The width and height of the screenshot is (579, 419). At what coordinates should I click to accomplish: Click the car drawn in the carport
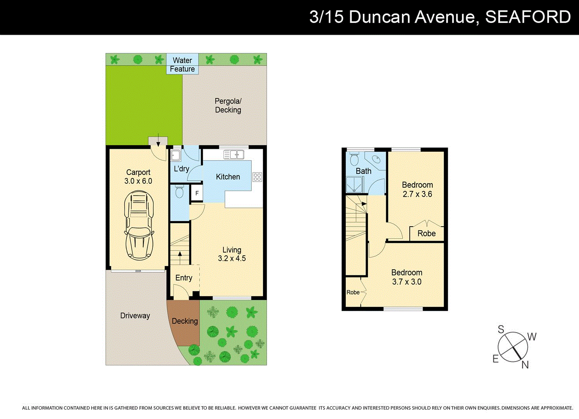[x=139, y=225]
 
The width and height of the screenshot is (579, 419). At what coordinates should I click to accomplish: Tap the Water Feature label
[x=182, y=65]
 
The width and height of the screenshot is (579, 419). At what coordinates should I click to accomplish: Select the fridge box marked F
[x=197, y=193]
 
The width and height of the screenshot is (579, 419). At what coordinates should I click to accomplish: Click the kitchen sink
[x=234, y=155]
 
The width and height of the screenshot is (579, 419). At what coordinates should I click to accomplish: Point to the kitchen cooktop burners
[x=257, y=177]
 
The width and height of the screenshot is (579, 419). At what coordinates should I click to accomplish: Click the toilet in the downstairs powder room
[x=179, y=191]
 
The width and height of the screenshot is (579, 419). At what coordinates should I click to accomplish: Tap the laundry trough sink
[x=176, y=156]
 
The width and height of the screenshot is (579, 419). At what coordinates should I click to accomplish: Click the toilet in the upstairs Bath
[x=354, y=159]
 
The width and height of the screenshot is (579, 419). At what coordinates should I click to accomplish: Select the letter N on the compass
[x=525, y=365]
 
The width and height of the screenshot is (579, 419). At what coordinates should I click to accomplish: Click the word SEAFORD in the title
[x=528, y=17]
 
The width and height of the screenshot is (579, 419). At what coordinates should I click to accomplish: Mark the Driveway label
[x=135, y=315]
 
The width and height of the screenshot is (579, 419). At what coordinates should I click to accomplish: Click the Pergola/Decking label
[x=228, y=106]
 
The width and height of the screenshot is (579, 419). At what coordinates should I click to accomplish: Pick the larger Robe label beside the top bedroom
[x=426, y=234]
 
